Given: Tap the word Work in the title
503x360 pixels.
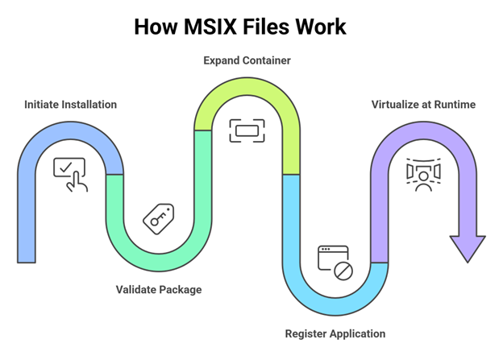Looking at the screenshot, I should tap(319, 27).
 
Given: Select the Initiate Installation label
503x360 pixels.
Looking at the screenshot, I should tap(70, 105).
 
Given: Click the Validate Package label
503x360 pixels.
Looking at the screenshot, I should tap(159, 289).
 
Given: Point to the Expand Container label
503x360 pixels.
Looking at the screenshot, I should tap(247, 60).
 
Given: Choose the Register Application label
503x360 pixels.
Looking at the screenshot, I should tap(335, 333).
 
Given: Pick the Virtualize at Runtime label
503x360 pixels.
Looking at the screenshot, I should tap(423, 105).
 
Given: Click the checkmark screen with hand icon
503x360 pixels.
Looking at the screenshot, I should tap(70, 174).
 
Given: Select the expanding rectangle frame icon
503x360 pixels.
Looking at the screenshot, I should tap(247, 130).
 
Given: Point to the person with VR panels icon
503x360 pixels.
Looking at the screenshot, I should tap(423, 174).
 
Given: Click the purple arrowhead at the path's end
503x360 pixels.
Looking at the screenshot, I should tap(467, 247).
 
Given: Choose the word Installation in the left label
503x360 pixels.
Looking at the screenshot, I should tap(88, 105).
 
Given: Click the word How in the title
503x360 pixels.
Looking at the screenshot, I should tap(153, 27).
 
